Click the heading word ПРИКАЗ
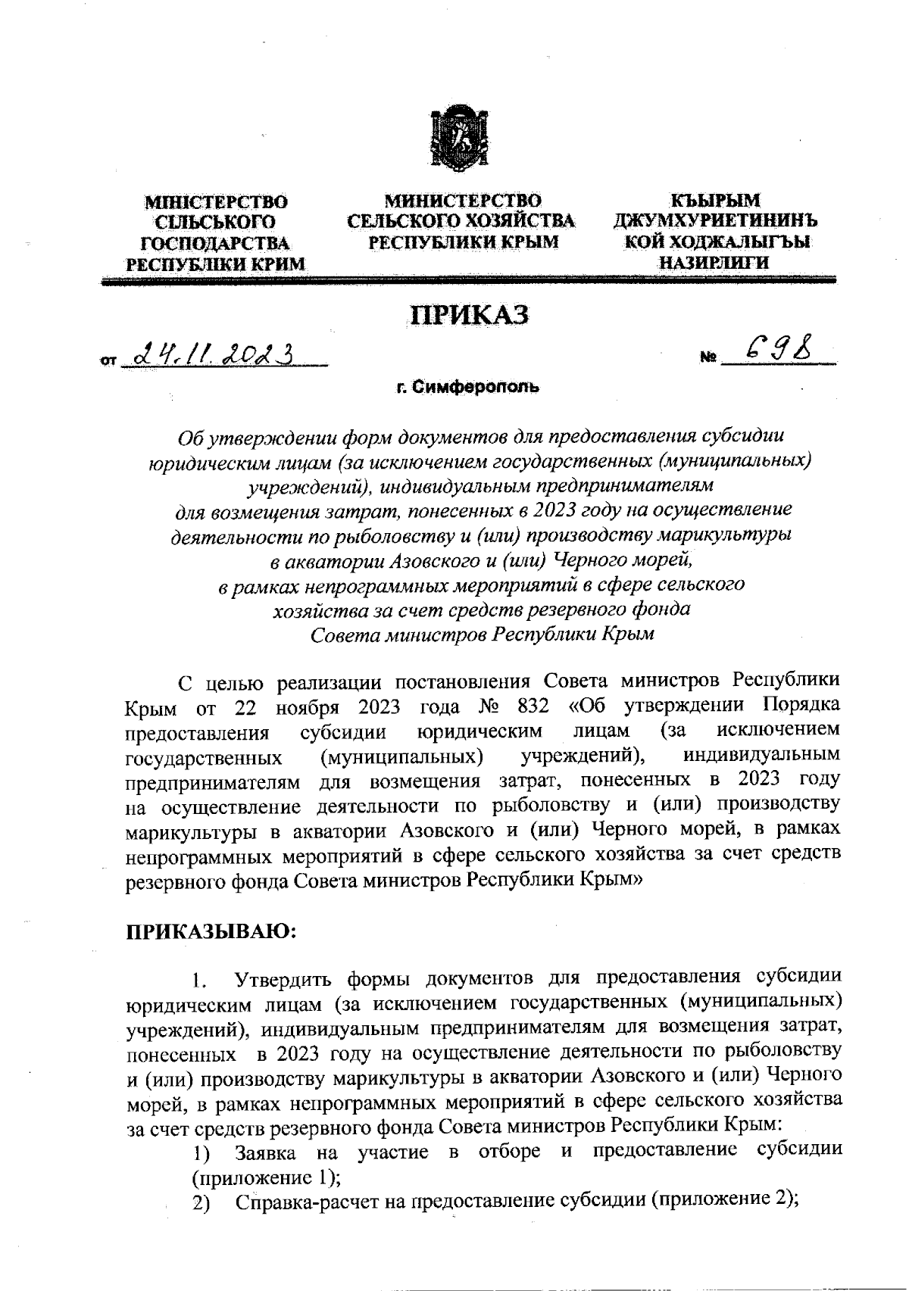468,316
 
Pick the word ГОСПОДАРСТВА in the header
216,244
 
